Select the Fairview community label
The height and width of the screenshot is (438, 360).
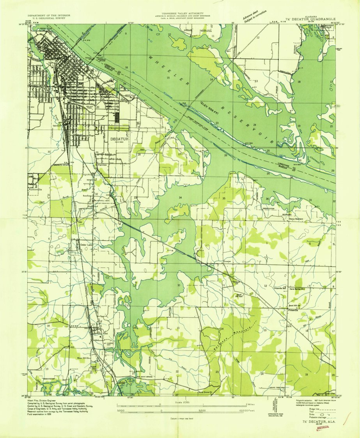pos(102,165)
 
